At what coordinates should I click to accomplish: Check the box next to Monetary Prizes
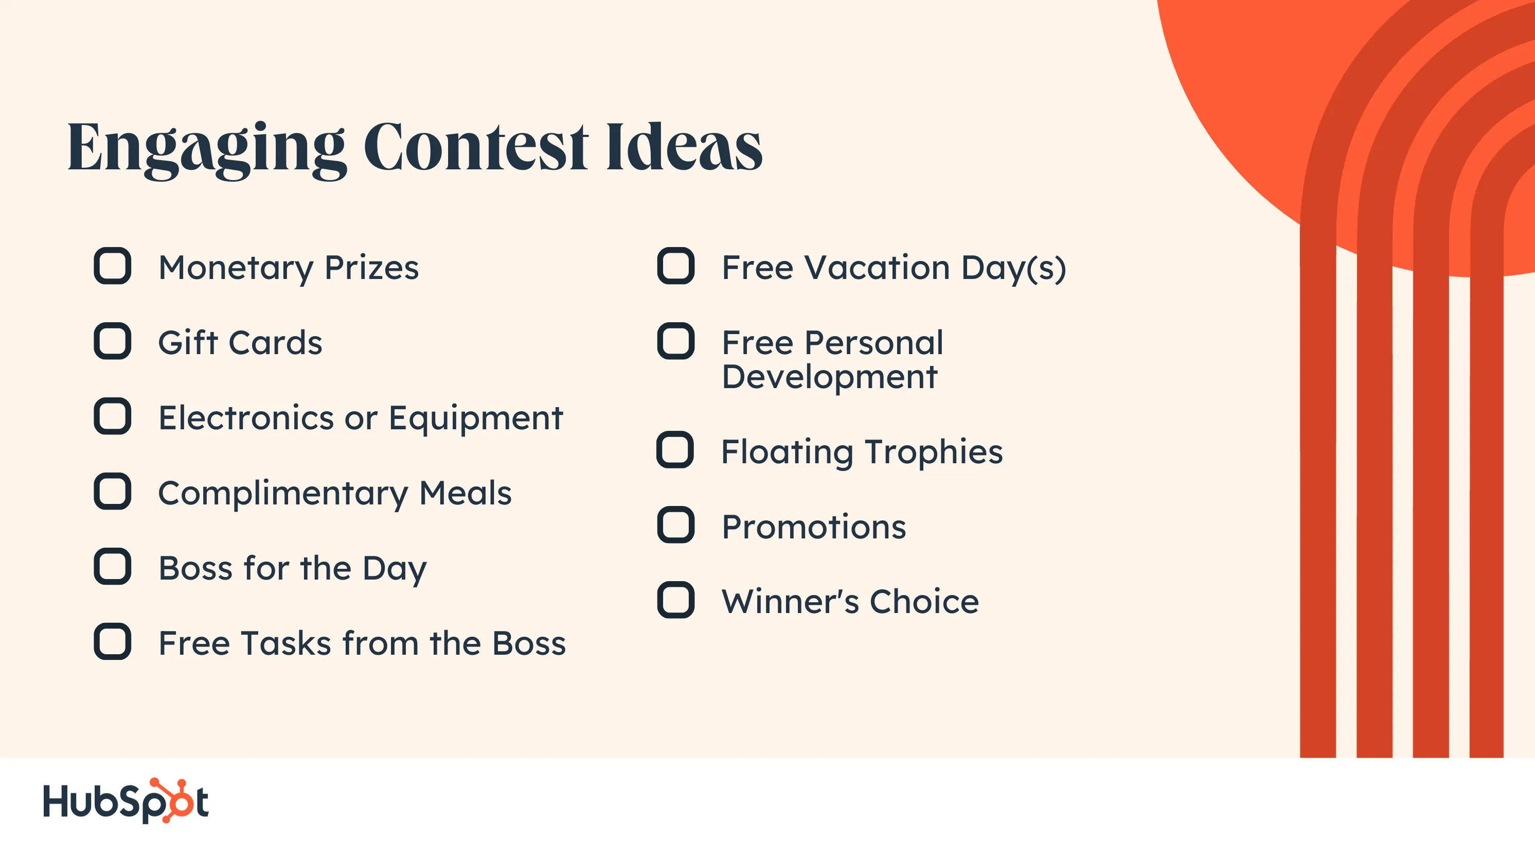point(112,266)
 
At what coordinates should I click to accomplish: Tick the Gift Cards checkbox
point(112,341)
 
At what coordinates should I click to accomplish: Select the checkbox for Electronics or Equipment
point(112,416)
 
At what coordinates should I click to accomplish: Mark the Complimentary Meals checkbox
point(112,491)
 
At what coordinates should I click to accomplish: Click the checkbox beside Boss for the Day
point(112,566)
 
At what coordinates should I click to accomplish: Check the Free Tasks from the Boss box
point(112,641)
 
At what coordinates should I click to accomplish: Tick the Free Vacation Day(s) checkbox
point(676,266)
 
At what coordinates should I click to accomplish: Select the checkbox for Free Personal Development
point(676,341)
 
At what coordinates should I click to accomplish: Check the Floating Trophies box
point(675,449)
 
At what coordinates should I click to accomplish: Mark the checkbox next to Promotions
point(676,525)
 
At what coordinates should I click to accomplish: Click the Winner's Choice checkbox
point(676,600)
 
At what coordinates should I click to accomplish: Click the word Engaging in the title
point(207,150)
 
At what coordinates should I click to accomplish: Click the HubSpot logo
point(126,800)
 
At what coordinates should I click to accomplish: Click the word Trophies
point(934,452)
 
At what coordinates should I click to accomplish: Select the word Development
point(829,378)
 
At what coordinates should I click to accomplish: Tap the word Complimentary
point(283,494)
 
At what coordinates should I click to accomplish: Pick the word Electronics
point(246,418)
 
